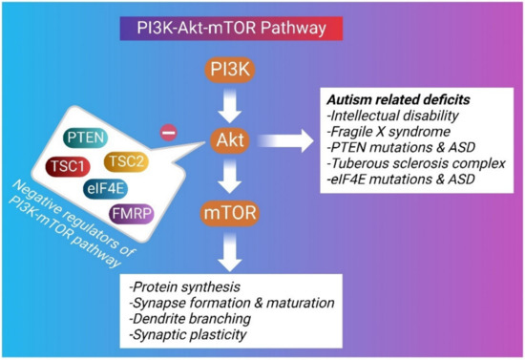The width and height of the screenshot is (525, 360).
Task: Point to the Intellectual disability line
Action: point(385,116)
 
